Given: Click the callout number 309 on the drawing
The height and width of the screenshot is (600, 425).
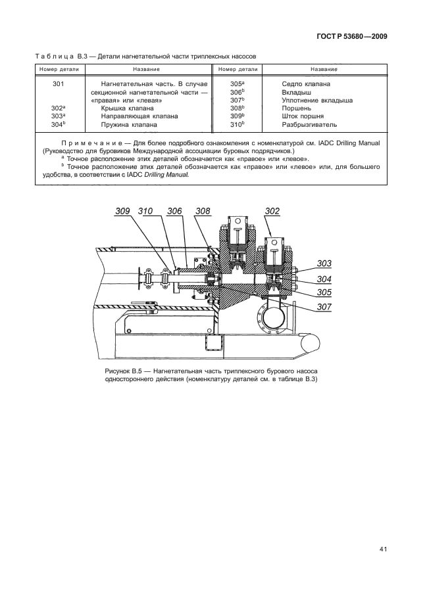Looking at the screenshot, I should pyautogui.click(x=122, y=211).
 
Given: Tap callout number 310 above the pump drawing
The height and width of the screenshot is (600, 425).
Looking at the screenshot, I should pyautogui.click(x=146, y=211).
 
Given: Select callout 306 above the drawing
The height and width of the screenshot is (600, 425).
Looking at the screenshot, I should pyautogui.click(x=174, y=211).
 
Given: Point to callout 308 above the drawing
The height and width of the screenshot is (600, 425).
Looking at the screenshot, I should pyautogui.click(x=203, y=211).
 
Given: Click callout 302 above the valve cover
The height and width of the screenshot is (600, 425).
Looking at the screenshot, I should pyautogui.click(x=272, y=211).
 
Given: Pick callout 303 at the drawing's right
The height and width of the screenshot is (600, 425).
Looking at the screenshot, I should pyautogui.click(x=324, y=264).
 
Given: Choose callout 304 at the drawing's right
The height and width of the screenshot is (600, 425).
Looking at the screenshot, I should pyautogui.click(x=324, y=278).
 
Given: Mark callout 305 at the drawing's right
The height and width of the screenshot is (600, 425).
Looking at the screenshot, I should pyautogui.click(x=324, y=292).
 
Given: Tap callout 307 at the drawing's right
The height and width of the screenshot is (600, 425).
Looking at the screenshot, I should pyautogui.click(x=324, y=306).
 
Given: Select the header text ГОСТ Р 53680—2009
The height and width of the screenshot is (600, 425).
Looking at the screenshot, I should pyautogui.click(x=347, y=37).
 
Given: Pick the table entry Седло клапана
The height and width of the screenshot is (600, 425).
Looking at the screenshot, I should pyautogui.click(x=306, y=84).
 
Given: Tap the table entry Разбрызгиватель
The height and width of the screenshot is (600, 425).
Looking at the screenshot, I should pyautogui.click(x=309, y=124).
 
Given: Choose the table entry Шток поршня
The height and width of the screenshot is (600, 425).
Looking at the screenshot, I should pyautogui.click(x=303, y=116).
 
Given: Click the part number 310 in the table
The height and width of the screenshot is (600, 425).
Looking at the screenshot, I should pyautogui.click(x=237, y=124).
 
